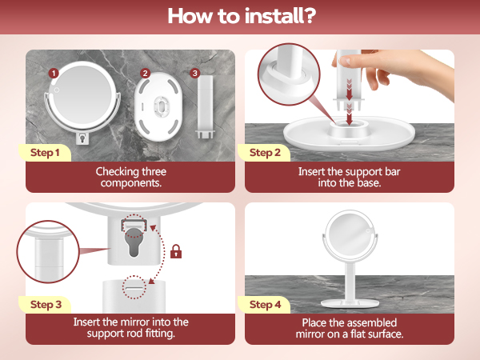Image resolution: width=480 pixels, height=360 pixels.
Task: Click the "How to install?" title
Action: [242, 16]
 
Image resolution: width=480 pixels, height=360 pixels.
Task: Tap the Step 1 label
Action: [45, 153]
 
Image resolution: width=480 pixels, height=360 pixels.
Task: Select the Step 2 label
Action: [265, 153]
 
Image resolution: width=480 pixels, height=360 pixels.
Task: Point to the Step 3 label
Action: [46, 305]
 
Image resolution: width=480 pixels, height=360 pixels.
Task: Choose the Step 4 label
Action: [265, 305]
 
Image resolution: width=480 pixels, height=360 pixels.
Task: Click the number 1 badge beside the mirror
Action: [54, 74]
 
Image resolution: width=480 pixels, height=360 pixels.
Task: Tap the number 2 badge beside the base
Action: [145, 74]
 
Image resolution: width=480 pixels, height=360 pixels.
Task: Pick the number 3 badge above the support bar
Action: [194, 73]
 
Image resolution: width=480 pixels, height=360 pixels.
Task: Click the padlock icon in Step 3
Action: [176, 251]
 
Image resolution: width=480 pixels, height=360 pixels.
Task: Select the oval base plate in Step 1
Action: [158, 107]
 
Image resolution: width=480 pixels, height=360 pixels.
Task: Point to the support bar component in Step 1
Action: [205, 106]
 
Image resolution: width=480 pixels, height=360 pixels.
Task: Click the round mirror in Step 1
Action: [82, 98]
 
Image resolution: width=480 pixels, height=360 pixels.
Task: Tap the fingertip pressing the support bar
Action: [345, 60]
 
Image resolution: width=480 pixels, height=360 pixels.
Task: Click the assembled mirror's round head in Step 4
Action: [350, 236]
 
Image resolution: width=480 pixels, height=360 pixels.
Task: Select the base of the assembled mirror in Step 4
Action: [350, 303]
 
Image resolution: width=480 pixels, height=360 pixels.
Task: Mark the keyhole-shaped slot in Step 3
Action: [134, 241]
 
